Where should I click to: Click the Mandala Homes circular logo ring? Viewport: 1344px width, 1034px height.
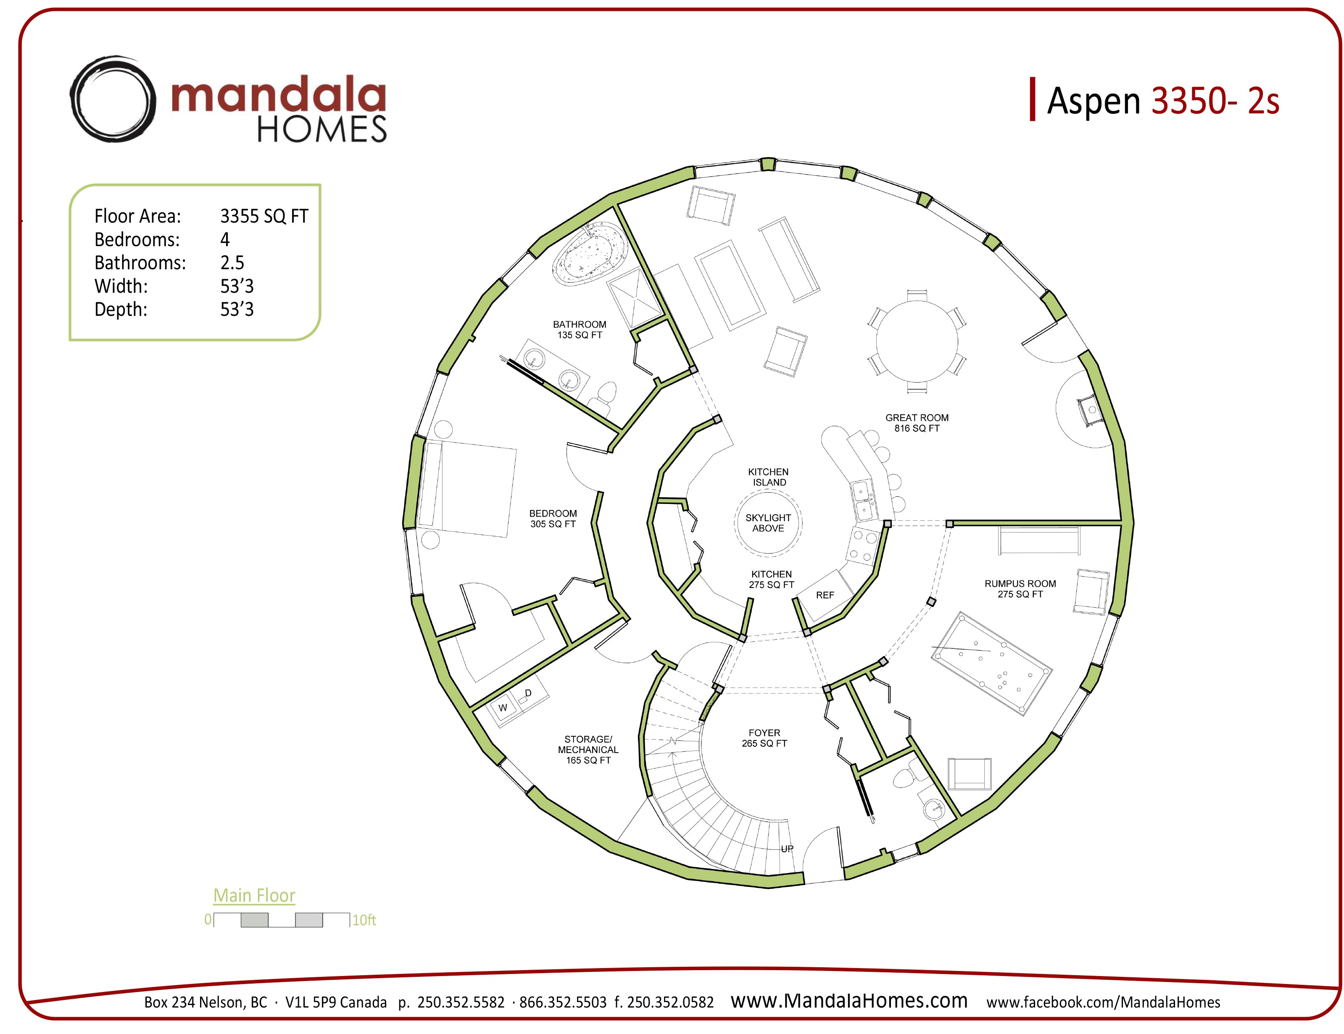(x=111, y=99)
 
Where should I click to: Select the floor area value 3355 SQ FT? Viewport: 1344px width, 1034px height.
(x=264, y=216)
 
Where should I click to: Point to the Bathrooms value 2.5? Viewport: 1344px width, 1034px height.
(x=232, y=262)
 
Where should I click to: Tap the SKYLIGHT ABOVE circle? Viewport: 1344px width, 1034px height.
(x=768, y=523)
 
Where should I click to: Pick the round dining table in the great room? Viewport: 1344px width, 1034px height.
(x=917, y=342)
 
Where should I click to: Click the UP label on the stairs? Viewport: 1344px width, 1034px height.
(x=787, y=849)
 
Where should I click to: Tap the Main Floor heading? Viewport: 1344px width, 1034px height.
(x=254, y=895)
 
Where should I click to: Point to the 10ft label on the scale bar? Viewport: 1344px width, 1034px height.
(x=364, y=920)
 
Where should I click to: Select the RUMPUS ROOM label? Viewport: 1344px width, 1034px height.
(x=1020, y=589)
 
